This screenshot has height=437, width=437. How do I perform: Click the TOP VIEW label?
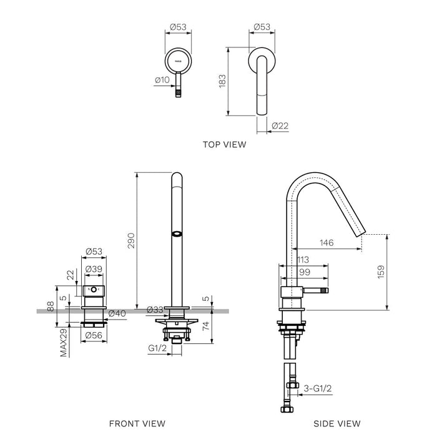pos(224,144)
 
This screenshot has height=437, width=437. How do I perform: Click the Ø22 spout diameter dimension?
pos(280,126)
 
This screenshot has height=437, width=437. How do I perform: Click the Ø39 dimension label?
pos(94,269)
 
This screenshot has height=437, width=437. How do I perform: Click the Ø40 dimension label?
pos(118,313)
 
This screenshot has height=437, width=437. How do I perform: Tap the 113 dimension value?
pos(303,260)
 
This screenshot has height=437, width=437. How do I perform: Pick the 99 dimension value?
pos(304,272)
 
